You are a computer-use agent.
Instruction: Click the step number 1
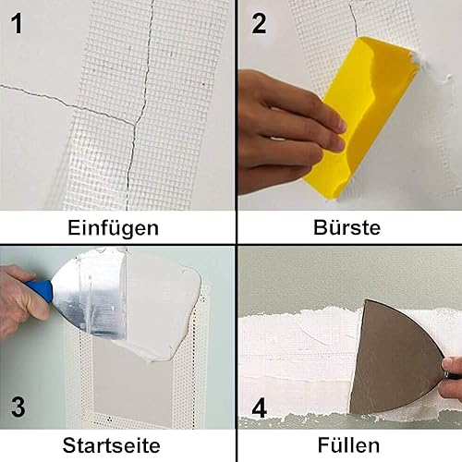tap(17, 23)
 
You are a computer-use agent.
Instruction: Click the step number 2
tap(259, 23)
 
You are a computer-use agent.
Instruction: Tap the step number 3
tap(18, 407)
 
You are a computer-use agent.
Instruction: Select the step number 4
tap(260, 408)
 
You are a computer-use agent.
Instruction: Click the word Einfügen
tap(113, 228)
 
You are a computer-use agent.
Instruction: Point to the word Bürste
tap(347, 227)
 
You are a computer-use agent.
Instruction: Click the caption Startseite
tap(111, 445)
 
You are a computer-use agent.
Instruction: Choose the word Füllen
tap(348, 445)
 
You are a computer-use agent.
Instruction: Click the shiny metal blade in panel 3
tap(92, 296)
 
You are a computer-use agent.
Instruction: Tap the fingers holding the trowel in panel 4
tap(452, 376)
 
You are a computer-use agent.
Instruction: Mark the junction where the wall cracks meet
tap(135, 125)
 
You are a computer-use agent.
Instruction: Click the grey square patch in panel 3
tap(132, 388)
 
